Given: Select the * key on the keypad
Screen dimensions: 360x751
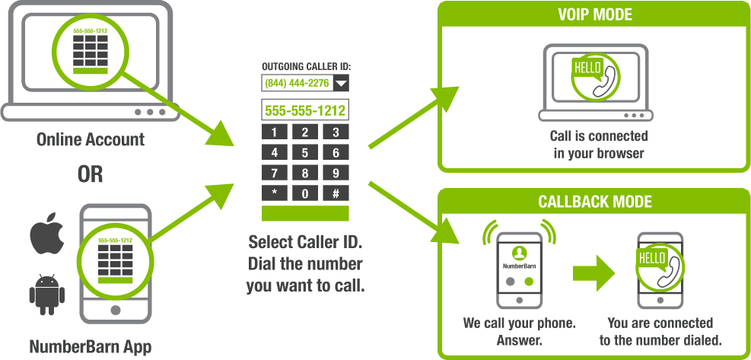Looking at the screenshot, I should [274, 193].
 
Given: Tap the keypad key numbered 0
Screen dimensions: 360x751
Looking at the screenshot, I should [304, 193].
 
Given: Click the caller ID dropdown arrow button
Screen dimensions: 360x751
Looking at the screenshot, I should [341, 83].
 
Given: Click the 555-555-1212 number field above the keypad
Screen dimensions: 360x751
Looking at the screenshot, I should [304, 110].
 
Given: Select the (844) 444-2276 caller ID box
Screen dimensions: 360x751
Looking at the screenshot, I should [297, 83].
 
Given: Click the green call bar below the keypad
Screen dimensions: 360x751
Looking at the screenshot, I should [304, 213].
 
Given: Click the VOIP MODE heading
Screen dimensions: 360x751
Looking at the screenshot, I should [594, 13].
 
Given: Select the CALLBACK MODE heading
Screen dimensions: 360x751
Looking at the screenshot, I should [594, 202].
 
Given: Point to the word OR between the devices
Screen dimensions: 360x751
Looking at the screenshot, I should [90, 174].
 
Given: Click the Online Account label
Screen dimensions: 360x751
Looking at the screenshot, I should [90, 140].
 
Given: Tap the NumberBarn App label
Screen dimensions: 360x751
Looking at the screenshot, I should [90, 347].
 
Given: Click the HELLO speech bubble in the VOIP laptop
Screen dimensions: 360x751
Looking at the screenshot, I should [587, 68].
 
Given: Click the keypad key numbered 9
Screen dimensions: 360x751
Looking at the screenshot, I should [335, 173].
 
